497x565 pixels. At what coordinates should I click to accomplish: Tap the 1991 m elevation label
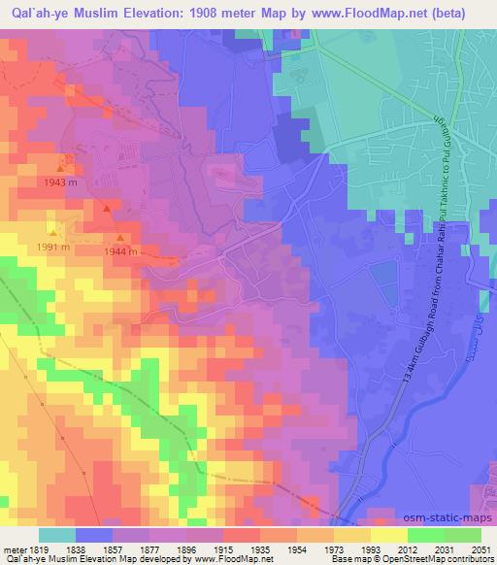click(53, 247)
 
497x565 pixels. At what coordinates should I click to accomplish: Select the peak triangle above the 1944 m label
click(120, 237)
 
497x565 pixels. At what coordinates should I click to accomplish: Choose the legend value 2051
click(479, 548)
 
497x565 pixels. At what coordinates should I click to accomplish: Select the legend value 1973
click(333, 548)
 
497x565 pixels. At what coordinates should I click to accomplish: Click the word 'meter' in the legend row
click(14, 548)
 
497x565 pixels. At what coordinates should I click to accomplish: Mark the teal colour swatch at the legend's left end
click(56, 535)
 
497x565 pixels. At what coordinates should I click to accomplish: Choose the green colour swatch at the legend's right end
click(462, 535)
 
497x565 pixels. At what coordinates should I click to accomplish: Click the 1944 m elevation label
click(123, 251)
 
